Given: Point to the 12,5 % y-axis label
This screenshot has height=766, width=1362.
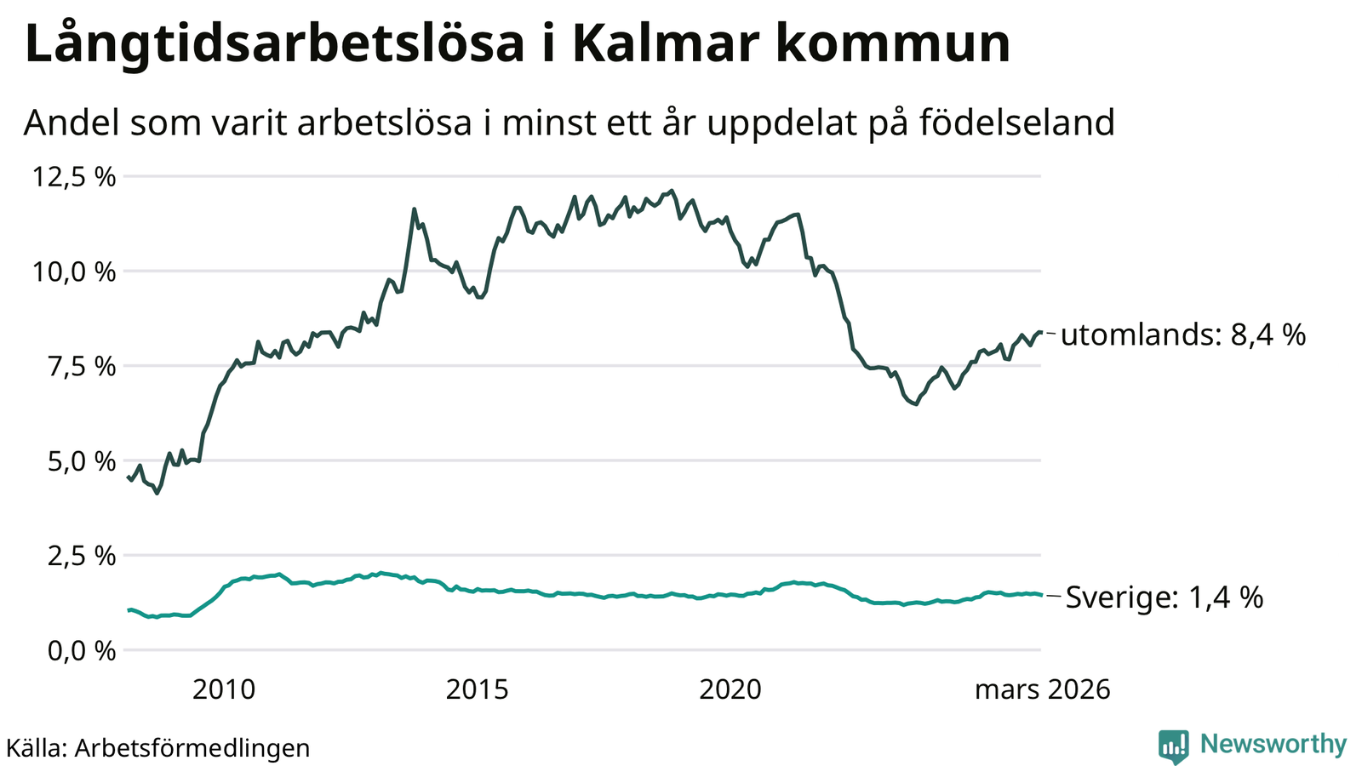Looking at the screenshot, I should point(74,177).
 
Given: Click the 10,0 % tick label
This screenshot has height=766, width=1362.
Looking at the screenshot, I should point(74,272).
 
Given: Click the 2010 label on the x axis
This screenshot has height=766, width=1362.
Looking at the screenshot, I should point(224,689).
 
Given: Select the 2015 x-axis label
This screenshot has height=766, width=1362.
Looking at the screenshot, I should point(478,689).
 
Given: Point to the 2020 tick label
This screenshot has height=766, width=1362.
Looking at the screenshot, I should point(730,689).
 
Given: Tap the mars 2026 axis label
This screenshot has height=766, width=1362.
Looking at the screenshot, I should point(1042,689).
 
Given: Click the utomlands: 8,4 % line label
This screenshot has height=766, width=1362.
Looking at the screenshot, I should point(1183,334).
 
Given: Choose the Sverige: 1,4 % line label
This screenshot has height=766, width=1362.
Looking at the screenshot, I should point(1164,597).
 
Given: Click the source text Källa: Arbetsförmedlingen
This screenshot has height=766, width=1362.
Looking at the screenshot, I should point(157,748).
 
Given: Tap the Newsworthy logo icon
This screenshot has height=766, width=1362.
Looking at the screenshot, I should point(1173,746).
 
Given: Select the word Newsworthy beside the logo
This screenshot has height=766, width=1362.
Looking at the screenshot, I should point(1273,745).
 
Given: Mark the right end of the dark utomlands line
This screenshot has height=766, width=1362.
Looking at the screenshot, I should point(1041,332).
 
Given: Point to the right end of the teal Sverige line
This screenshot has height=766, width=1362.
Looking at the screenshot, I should point(1041,595).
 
